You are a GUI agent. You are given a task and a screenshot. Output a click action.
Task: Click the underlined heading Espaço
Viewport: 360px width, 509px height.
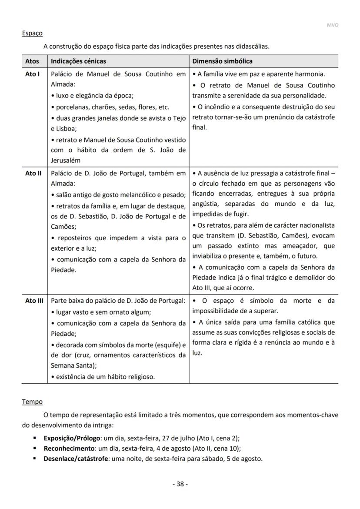[x=32, y=33]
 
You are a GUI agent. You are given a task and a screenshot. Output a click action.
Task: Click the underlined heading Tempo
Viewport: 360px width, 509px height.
[x=32, y=402]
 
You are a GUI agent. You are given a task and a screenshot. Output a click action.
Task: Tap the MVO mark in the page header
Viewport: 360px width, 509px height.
[x=332, y=25]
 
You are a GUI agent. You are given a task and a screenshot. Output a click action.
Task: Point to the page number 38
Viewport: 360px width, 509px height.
[x=180, y=484]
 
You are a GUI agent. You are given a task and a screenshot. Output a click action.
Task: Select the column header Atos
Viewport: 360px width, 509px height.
[x=32, y=61]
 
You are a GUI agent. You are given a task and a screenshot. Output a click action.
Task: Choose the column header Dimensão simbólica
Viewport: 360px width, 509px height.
[x=222, y=61]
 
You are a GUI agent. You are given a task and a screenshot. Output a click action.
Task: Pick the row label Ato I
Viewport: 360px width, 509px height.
[x=32, y=74]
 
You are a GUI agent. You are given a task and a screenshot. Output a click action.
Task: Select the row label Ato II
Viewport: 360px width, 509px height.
[x=33, y=173]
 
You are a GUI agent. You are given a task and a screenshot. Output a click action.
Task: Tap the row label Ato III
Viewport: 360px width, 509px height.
[x=34, y=301]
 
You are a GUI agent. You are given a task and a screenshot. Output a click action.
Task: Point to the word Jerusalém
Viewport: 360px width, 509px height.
[x=66, y=161]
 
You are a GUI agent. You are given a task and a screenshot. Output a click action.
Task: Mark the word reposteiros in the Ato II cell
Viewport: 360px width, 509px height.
[x=73, y=238]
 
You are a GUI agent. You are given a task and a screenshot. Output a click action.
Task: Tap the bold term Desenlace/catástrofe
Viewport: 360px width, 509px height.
[x=76, y=459]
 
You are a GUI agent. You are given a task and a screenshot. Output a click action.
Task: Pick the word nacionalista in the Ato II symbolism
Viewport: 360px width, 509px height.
[x=316, y=225]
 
